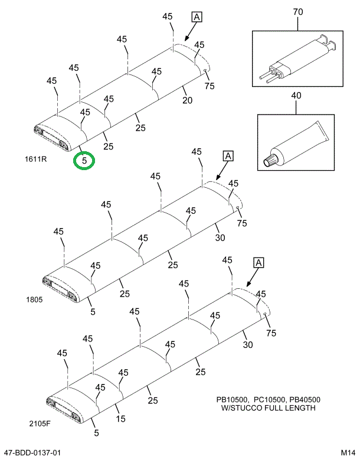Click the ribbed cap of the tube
(270, 159)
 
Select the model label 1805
(34, 300)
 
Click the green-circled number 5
(84, 160)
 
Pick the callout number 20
(187, 100)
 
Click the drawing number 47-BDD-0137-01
(32, 453)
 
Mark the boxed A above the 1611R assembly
(197, 17)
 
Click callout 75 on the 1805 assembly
(241, 223)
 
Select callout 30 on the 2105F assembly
(247, 345)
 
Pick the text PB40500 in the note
(302, 399)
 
